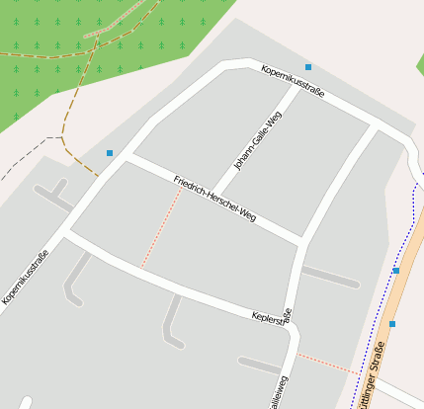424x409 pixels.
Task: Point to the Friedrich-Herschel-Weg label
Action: [214, 197]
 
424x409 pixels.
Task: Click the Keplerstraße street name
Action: [271, 318]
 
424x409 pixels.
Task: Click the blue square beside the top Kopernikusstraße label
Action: [308, 67]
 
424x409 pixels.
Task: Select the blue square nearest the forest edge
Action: [109, 153]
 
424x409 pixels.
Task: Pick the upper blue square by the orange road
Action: [396, 270]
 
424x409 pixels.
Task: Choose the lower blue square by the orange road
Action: [392, 324]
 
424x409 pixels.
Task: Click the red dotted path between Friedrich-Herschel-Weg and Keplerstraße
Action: [161, 229]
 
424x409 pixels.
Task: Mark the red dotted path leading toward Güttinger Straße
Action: [326, 363]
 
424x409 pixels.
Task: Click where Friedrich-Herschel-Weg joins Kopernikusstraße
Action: [127, 154]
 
